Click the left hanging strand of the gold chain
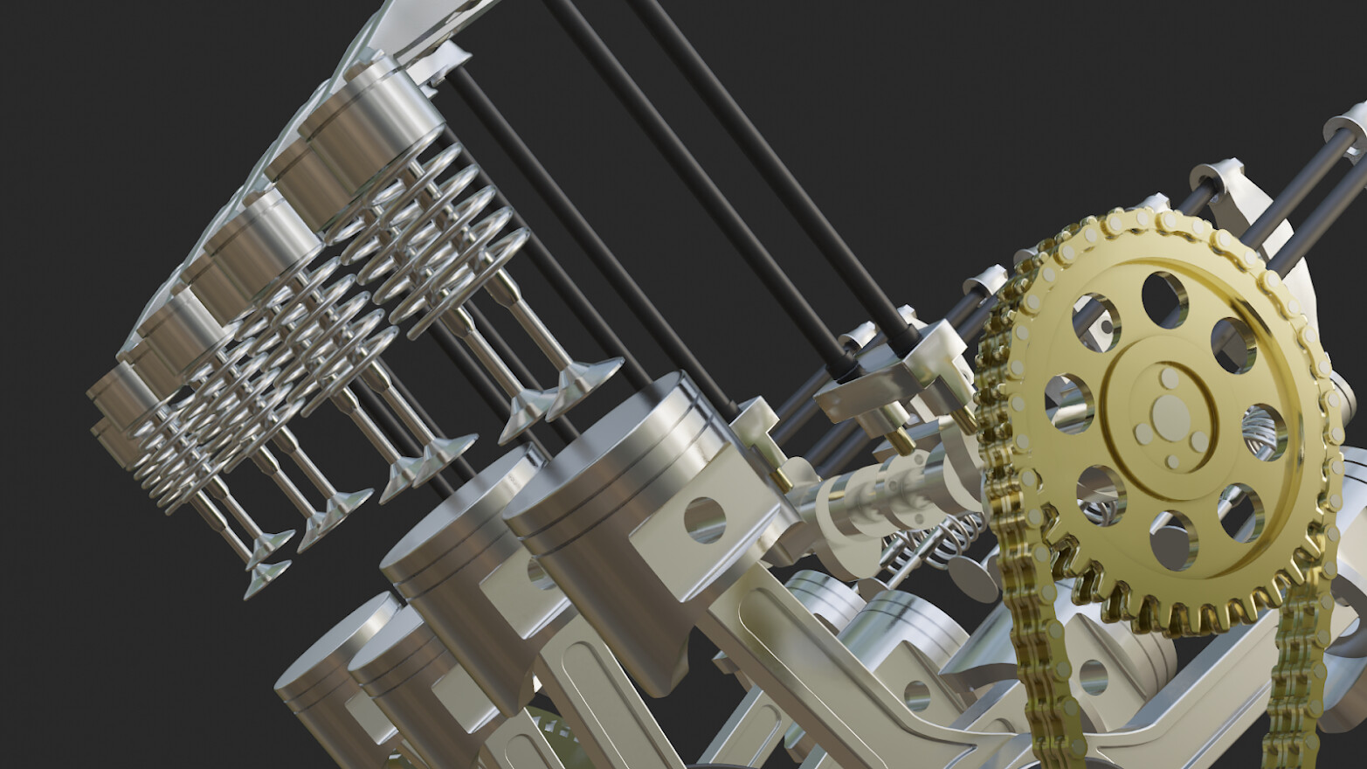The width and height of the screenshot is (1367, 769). coord(1039,664)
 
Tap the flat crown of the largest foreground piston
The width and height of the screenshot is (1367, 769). coord(594,454)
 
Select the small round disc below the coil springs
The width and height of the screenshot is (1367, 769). coord(970,578)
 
